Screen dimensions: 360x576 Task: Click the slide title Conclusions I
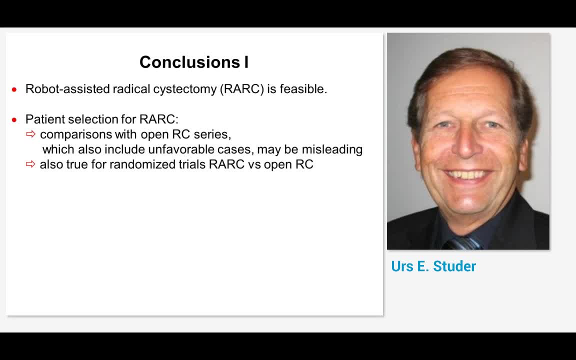tap(194, 62)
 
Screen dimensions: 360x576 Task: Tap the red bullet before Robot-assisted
tap(14, 89)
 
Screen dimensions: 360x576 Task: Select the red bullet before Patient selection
tap(14, 119)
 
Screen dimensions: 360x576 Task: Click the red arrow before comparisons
tap(31, 134)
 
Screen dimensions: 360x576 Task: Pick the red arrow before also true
tap(31, 164)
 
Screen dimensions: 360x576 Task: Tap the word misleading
tap(332, 149)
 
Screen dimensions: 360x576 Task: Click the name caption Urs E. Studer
tap(433, 266)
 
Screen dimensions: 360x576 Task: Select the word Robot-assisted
tap(67, 89)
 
